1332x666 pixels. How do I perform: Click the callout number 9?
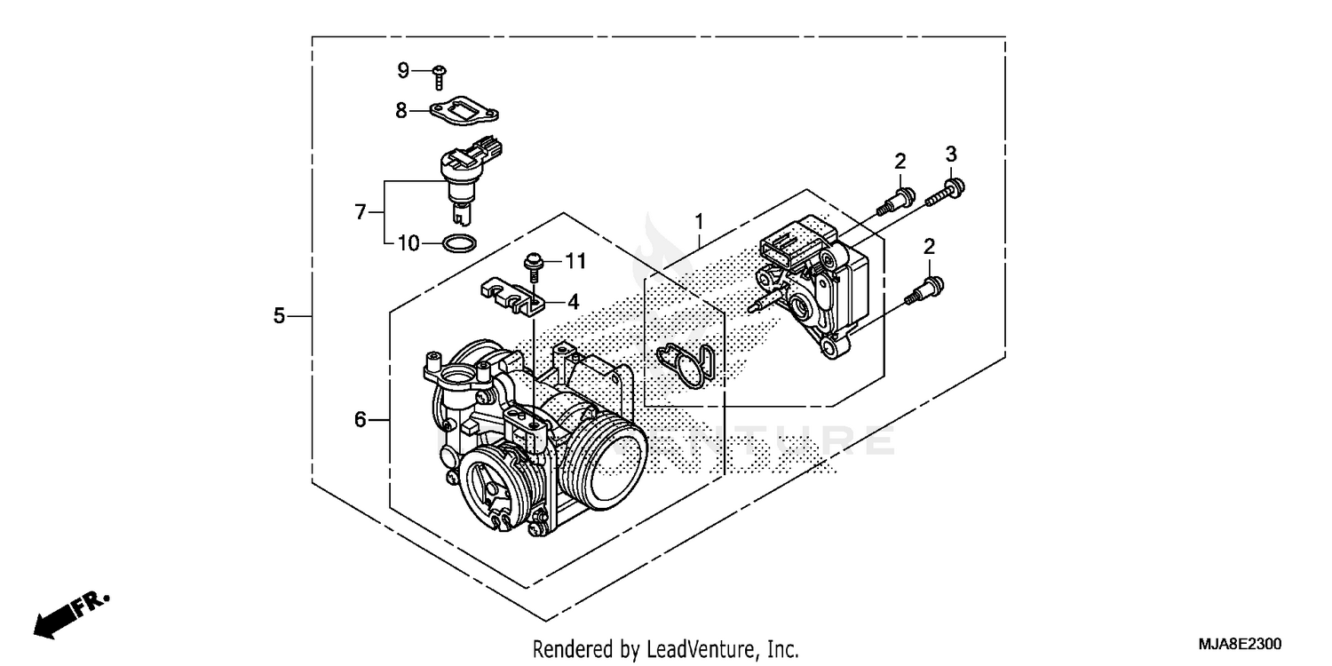point(403,70)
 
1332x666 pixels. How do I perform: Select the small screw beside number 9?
point(440,76)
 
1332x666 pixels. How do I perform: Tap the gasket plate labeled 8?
point(464,113)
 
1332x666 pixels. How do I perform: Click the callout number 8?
point(401,111)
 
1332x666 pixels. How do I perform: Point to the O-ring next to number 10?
point(458,242)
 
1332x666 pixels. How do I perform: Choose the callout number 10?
point(408,242)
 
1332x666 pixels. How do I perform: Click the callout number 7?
point(360,212)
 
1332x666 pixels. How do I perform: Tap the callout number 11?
point(575,260)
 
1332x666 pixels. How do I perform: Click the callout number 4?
point(573,302)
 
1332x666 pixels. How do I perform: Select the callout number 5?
point(279,315)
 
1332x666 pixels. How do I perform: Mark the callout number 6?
point(360,419)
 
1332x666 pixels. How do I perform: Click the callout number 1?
point(699,219)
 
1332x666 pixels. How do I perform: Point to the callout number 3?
point(950,154)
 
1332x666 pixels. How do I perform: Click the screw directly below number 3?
point(947,193)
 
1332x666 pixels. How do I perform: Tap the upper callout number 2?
point(900,161)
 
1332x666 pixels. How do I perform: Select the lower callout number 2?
point(929,246)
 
